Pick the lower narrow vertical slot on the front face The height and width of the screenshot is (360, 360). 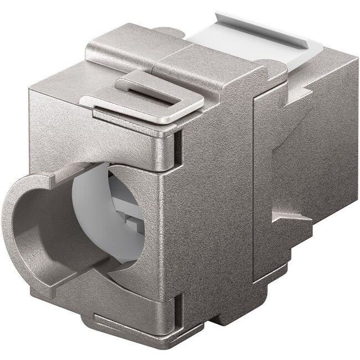pyautogui.click(x=178, y=304)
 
